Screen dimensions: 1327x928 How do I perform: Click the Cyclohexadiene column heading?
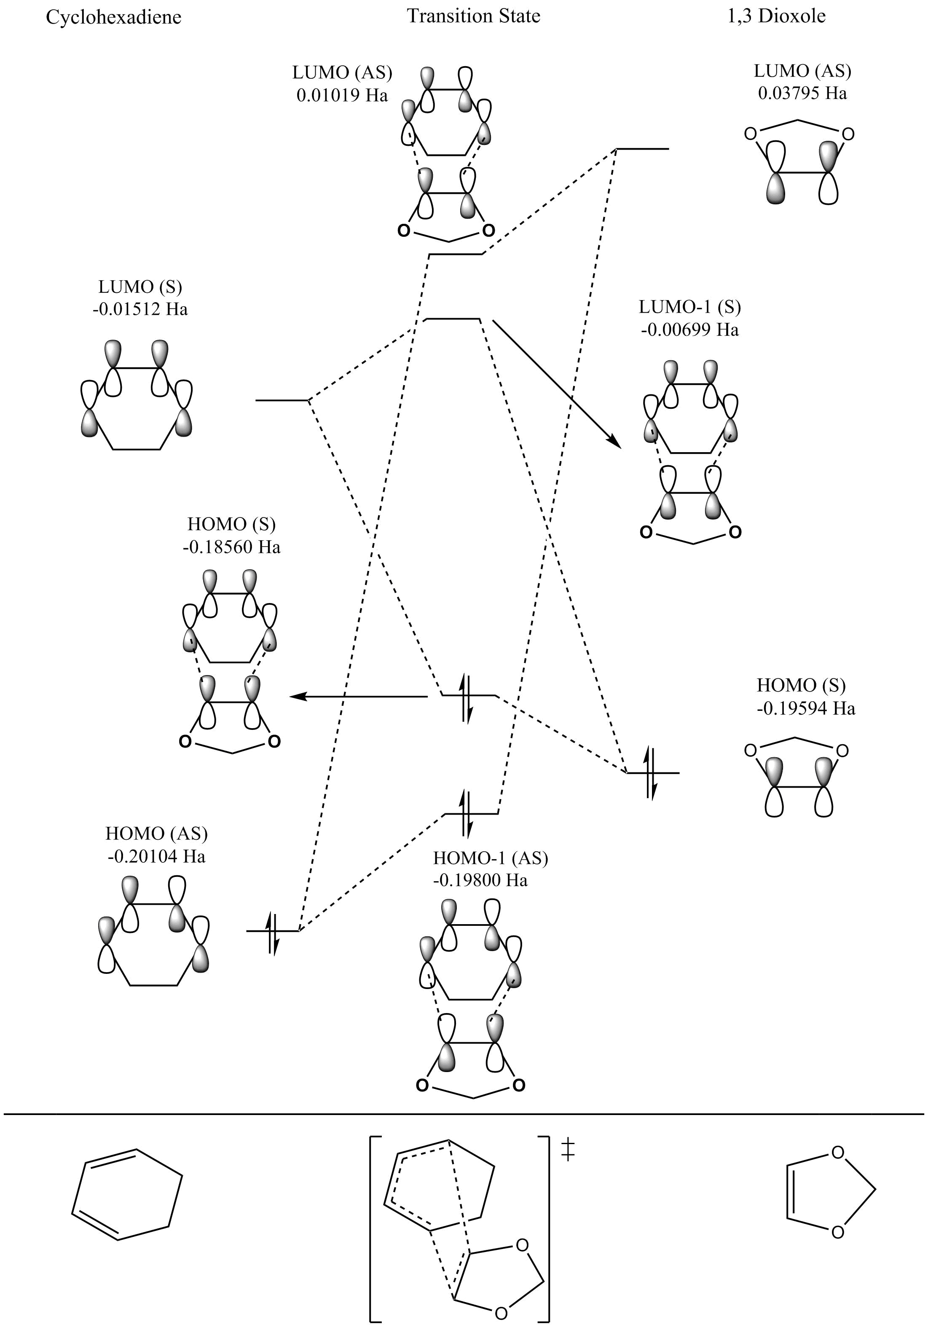113,17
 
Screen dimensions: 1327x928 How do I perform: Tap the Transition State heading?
473,16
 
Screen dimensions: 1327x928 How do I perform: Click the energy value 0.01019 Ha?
342,95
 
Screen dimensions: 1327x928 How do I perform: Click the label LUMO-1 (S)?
689,306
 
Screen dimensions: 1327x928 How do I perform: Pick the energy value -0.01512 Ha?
140,309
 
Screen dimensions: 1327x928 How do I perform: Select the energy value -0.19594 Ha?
806,708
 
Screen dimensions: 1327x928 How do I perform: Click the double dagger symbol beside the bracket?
568,1151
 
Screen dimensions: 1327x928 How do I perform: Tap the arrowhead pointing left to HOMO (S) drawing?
296,697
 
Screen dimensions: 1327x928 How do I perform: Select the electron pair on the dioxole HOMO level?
651,773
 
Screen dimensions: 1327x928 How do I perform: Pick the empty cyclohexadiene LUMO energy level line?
282,400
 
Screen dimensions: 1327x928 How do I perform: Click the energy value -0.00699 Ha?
689,330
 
